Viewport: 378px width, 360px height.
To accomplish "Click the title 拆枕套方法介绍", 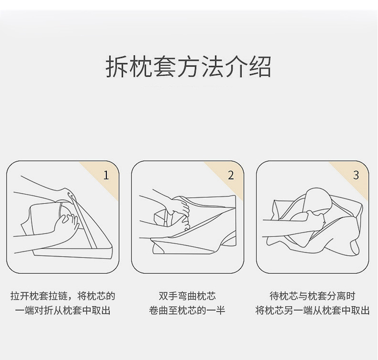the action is [x=188, y=67].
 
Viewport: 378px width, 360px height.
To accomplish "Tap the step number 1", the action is [x=106, y=175].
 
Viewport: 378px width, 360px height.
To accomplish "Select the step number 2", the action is [x=231, y=175].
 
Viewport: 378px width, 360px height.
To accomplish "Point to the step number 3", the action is [x=356, y=175].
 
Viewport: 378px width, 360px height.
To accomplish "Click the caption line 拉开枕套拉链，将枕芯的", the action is [x=62, y=296].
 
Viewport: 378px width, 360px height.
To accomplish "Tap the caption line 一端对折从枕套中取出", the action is [x=62, y=310].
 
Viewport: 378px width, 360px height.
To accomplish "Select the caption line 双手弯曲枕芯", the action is [x=187, y=296].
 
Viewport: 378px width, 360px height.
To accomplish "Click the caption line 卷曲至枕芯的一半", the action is [x=187, y=310].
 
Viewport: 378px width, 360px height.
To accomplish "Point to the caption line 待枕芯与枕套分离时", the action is [x=312, y=296].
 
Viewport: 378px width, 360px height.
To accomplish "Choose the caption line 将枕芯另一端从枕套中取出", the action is [x=312, y=310].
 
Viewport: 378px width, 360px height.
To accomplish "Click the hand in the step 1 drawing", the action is [x=67, y=226].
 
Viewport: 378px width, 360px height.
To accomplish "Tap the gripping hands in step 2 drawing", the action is [x=179, y=212].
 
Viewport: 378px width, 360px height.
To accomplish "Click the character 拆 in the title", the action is [x=117, y=67].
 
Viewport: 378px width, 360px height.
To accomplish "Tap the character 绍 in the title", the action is [x=261, y=67].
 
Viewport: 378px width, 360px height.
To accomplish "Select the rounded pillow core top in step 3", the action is [x=319, y=200].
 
